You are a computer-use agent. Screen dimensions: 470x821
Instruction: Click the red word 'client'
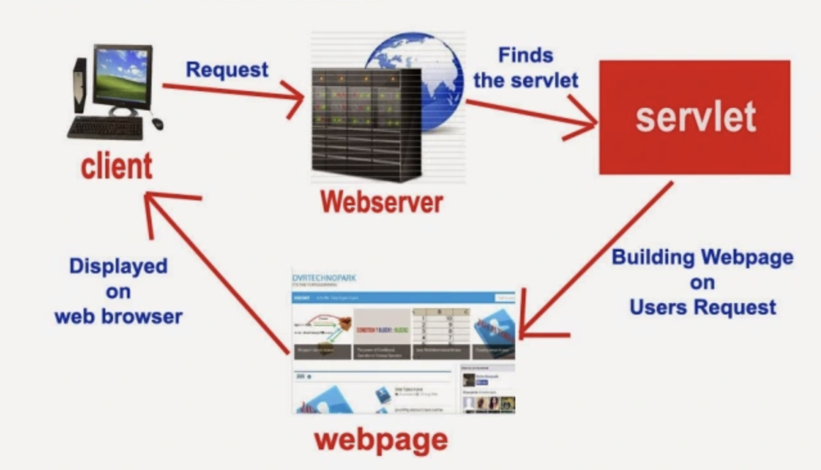(x=116, y=166)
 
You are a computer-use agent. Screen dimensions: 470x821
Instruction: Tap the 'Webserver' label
(x=382, y=202)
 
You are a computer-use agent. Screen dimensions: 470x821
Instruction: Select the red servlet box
(x=694, y=117)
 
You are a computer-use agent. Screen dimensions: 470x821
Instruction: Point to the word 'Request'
(x=227, y=69)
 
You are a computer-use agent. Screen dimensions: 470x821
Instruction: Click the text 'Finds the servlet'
(x=526, y=68)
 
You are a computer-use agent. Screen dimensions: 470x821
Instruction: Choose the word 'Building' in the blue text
(x=653, y=257)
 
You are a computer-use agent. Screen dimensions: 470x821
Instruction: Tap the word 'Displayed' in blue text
(x=118, y=266)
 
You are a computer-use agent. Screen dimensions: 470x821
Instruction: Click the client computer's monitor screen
(x=121, y=76)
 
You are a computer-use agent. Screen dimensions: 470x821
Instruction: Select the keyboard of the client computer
(x=105, y=128)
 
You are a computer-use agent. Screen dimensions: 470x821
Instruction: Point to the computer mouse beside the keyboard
(x=157, y=123)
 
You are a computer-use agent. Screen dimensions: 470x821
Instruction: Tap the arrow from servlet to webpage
(x=597, y=257)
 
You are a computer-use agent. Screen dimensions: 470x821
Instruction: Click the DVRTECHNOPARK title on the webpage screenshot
(x=324, y=278)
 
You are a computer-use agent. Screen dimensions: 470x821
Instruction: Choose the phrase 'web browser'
(x=118, y=317)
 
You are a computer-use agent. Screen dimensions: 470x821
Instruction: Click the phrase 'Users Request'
(x=702, y=308)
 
